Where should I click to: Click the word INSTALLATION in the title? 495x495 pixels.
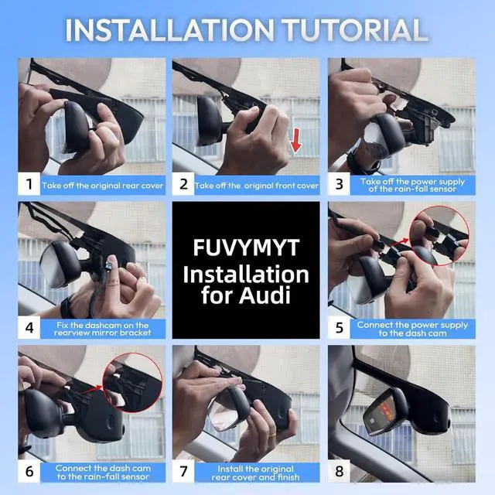point(169,30)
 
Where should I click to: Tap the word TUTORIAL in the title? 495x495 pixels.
point(354,30)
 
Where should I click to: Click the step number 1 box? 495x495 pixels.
point(29,184)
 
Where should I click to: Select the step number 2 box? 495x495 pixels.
point(183,184)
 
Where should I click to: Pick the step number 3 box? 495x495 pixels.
point(339,184)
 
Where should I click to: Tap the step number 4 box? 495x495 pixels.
point(29,327)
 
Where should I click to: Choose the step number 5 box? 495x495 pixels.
point(339,327)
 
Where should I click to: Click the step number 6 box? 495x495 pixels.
point(29,471)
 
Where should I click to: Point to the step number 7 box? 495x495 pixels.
point(183,471)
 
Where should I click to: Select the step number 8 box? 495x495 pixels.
point(339,471)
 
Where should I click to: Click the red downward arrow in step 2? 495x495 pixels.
point(295,140)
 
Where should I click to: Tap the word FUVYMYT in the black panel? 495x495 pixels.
point(246,247)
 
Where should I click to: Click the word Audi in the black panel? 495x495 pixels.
point(265,295)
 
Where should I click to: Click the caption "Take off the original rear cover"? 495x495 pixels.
point(103,186)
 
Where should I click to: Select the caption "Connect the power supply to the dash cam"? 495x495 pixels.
point(412,329)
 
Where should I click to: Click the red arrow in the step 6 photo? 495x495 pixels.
point(92,390)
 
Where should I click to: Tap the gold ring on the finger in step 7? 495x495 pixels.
point(272,434)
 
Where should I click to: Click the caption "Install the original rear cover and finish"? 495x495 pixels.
point(255,473)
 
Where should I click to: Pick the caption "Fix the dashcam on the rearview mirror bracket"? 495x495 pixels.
point(103,329)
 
